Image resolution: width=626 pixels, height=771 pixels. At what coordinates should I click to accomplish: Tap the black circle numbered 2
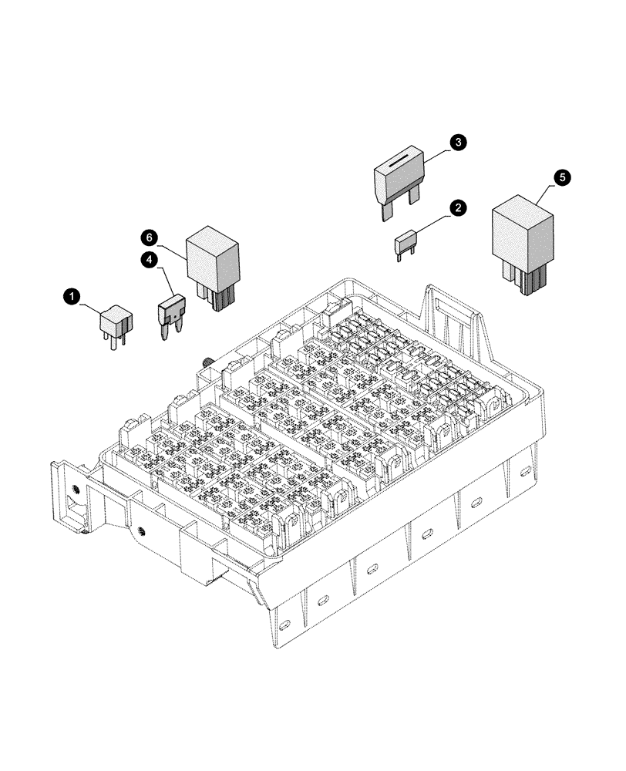pos(458,207)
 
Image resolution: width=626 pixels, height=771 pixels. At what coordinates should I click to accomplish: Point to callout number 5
pos(563,177)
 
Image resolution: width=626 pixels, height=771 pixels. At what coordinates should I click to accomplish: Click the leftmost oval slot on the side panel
pos(286,623)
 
